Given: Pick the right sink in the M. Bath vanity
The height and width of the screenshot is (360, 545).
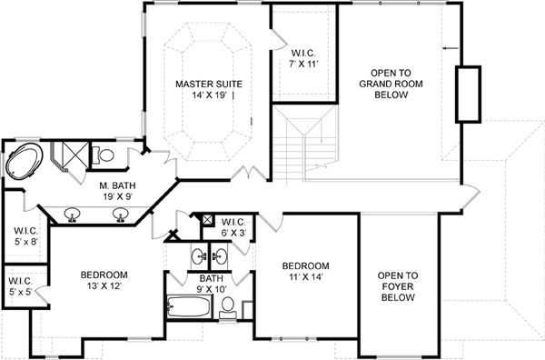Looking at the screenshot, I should tap(119, 215).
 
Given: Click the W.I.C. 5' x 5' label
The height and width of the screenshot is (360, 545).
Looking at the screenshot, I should tap(20, 286).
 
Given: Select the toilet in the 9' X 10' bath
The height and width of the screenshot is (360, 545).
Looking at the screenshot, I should tap(231, 305).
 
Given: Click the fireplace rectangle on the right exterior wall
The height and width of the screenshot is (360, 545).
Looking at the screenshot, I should tap(469, 94).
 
